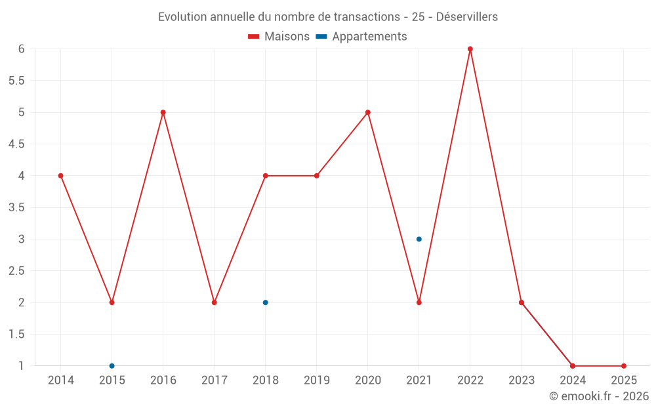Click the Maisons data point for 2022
470,49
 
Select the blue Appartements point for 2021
419,239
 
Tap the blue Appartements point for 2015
112,366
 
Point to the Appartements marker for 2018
266,302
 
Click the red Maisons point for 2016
163,112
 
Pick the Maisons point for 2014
61,176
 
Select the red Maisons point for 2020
368,112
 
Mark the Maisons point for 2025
624,366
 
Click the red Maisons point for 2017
215,302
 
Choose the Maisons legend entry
279,37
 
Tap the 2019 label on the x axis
317,380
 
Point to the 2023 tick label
522,380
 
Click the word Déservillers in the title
466,17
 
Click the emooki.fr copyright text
598,396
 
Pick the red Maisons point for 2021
419,302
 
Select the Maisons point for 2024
573,366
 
